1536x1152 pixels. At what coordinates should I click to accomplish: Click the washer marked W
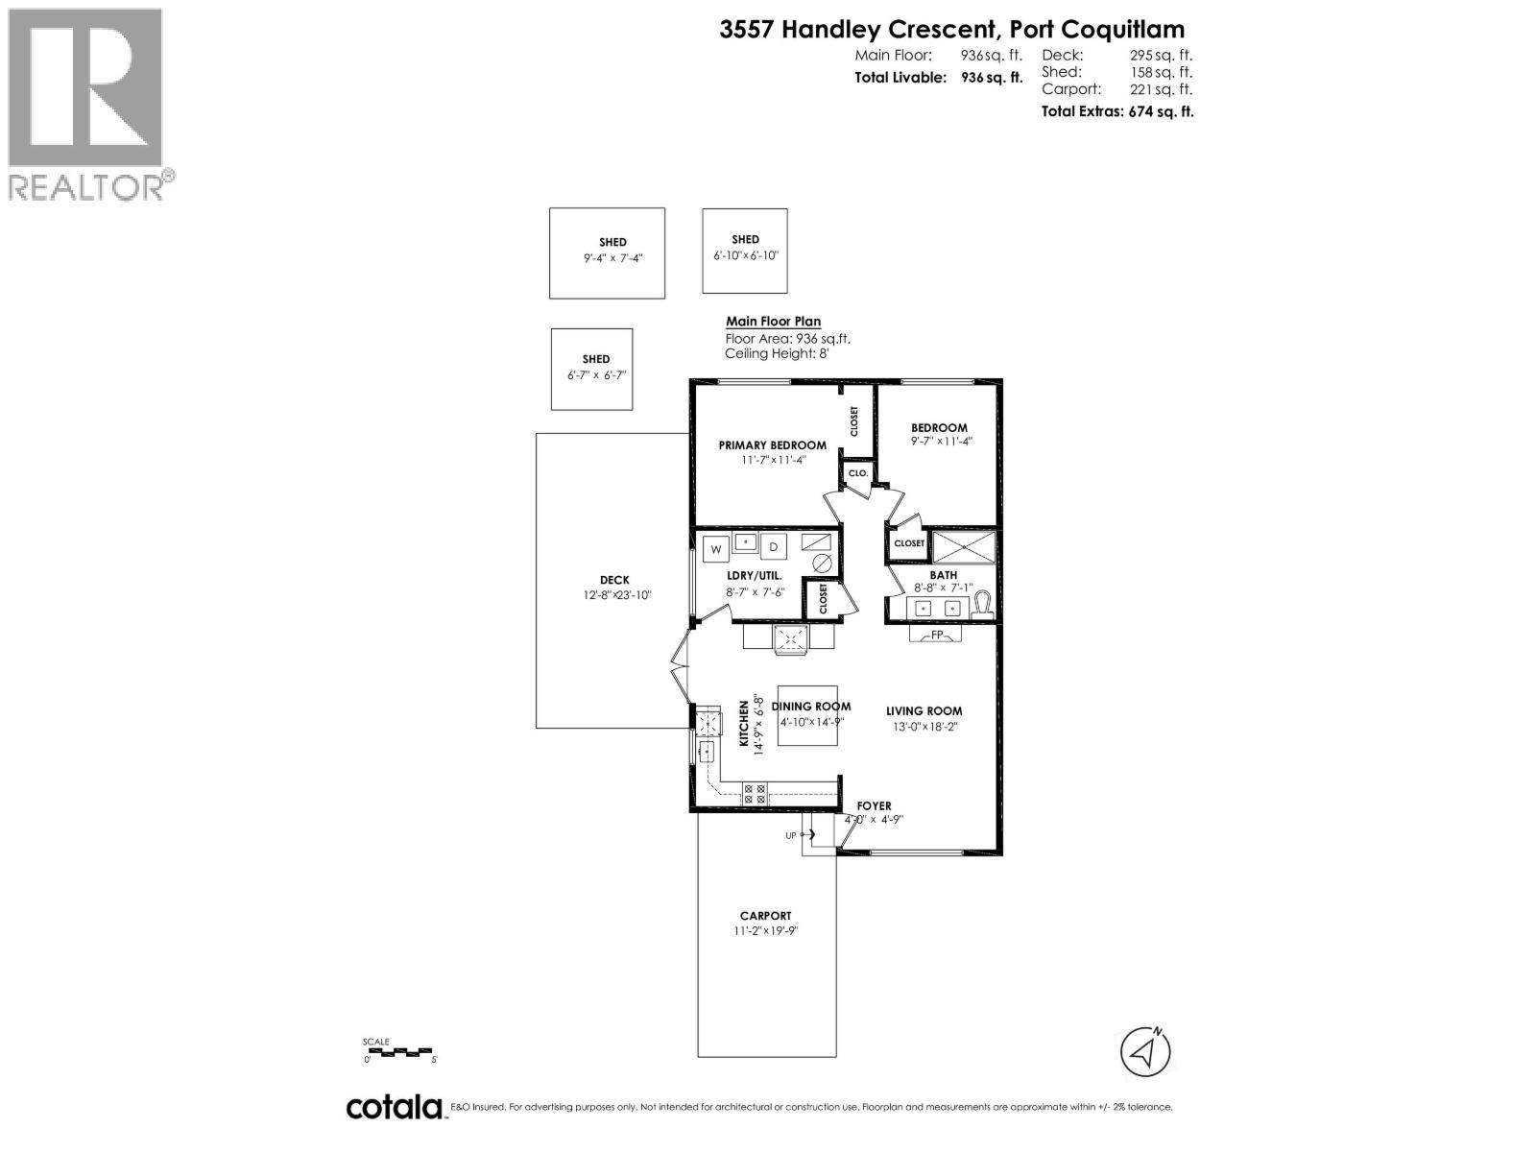(715, 549)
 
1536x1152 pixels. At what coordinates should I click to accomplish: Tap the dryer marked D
(774, 547)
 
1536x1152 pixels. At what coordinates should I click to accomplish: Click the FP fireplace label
(936, 635)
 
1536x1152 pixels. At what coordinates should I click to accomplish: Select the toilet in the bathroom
(982, 605)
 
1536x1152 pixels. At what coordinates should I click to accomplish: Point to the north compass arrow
(1145, 1052)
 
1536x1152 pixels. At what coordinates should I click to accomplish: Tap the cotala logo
(395, 1107)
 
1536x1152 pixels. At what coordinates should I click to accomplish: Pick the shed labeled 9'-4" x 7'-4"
(607, 252)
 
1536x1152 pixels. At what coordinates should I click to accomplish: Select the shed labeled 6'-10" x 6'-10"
(745, 250)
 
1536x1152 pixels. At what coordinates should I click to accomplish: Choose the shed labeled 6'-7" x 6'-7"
(592, 369)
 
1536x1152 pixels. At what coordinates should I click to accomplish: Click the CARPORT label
(765, 916)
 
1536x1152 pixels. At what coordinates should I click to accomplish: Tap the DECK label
(614, 580)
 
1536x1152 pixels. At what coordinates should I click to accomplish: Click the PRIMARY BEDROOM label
(772, 445)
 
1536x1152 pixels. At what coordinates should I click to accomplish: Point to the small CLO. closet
(857, 473)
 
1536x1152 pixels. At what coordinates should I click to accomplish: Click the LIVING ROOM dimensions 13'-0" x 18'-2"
(923, 727)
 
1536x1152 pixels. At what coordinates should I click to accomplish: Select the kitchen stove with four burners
(755, 794)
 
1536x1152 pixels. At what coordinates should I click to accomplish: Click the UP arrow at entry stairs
(802, 835)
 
